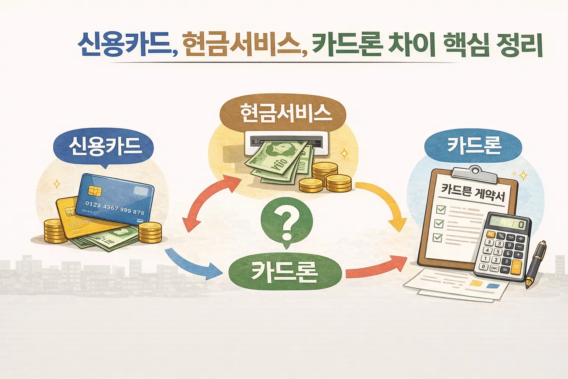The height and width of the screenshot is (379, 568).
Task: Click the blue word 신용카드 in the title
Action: [x=124, y=45]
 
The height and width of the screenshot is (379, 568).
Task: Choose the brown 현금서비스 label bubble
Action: [x=283, y=113]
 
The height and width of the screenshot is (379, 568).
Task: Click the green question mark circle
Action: [x=287, y=222]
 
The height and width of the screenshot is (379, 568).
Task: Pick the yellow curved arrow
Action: [x=385, y=202]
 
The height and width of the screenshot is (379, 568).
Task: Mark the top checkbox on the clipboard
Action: [x=441, y=210]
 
